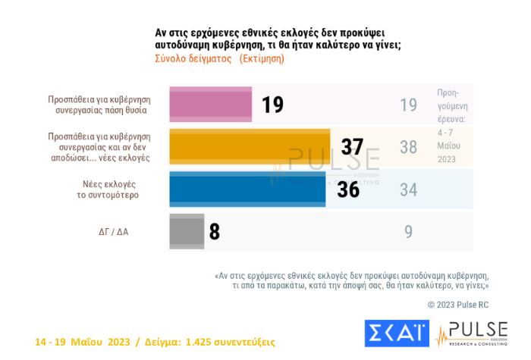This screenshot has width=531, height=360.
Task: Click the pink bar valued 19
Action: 210,105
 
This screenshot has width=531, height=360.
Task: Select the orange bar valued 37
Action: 250,147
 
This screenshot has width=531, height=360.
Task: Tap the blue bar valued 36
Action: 247,189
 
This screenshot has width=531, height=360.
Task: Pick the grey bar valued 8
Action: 187,231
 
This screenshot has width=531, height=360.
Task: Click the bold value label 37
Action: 352,147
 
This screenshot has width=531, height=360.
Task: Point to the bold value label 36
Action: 348,189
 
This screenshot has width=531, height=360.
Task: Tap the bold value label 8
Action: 215,232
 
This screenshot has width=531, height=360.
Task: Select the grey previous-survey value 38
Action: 408,147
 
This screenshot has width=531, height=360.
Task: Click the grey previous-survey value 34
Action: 408,189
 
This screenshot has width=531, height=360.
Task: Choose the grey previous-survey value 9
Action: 408,232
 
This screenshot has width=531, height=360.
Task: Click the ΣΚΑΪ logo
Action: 397,333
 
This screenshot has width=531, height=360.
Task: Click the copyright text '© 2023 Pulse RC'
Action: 457,304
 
